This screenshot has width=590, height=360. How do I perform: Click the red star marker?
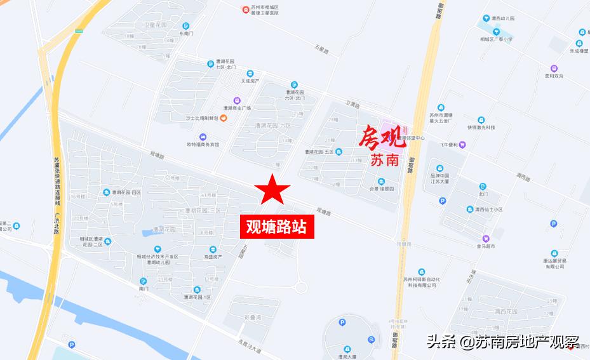pyautogui.click(x=272, y=189)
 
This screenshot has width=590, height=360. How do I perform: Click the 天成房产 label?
pyautogui.click(x=250, y=81)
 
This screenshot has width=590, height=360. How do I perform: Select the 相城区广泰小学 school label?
pyautogui.click(x=497, y=39)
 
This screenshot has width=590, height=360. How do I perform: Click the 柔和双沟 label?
pyautogui.click(x=554, y=76)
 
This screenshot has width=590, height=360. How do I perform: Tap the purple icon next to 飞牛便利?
pyautogui.click(x=462, y=144)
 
